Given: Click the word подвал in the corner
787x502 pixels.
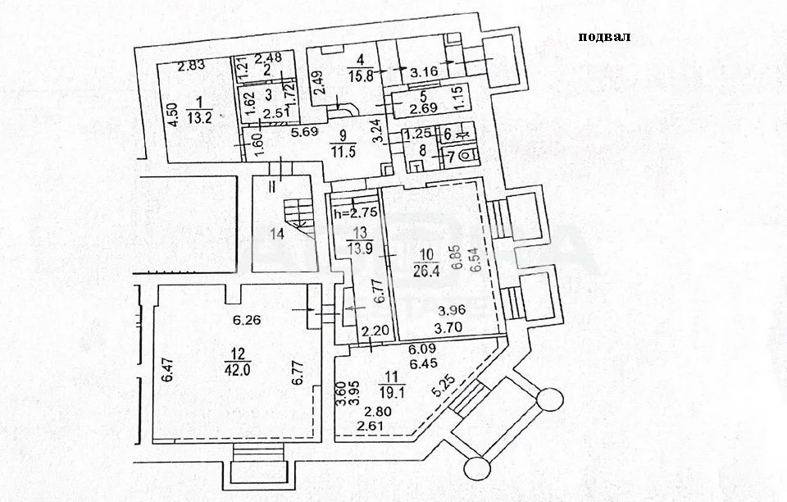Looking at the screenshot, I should click(x=603, y=36).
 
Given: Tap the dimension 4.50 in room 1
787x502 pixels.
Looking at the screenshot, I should click(x=173, y=112).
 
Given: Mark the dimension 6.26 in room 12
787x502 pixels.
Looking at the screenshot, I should click(x=247, y=320).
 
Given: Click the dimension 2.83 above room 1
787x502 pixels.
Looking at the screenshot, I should click(x=191, y=65).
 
